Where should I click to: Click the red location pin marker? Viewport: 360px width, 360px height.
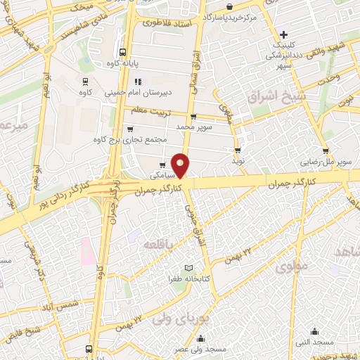(x=181, y=165)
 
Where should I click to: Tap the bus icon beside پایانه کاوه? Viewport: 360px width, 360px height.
(x=123, y=52)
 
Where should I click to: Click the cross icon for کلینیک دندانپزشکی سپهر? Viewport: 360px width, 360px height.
(x=283, y=34)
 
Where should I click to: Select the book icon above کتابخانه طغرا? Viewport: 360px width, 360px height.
(x=188, y=268)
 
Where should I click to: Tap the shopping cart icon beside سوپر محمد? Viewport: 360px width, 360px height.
(x=193, y=117)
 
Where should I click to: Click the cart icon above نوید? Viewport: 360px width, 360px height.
(x=238, y=150)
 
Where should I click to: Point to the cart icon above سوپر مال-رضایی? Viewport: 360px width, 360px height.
(x=326, y=150)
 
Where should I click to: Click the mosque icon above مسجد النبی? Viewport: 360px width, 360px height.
(x=314, y=330)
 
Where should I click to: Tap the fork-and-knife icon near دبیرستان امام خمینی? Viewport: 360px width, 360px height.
(x=138, y=81)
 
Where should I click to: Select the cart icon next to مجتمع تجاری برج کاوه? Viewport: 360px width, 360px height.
(x=129, y=129)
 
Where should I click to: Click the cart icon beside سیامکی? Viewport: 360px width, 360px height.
(x=162, y=166)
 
